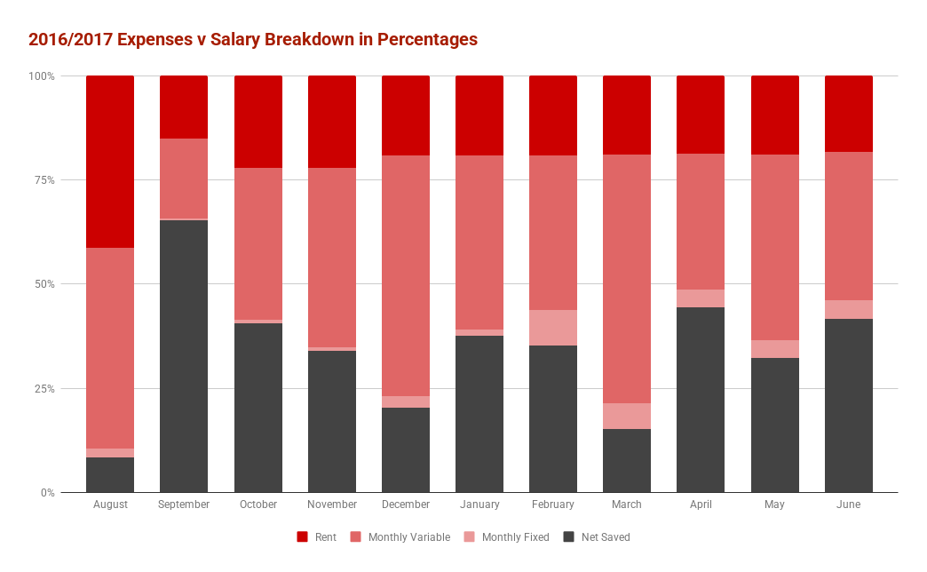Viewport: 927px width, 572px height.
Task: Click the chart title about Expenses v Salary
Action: tap(253, 40)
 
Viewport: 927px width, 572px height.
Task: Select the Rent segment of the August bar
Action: tap(110, 162)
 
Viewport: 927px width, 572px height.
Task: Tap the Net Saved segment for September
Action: tap(184, 355)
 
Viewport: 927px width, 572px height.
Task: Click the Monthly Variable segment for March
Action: tap(627, 279)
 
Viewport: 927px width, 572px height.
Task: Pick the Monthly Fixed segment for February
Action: tap(553, 328)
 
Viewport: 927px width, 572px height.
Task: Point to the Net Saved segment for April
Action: tap(701, 400)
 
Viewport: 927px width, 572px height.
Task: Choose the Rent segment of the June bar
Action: tap(849, 114)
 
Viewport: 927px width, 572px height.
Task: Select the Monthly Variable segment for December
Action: tap(406, 275)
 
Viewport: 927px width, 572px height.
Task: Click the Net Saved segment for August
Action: tap(110, 474)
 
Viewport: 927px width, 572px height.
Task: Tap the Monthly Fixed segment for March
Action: tap(627, 416)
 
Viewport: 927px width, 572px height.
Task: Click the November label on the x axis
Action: tap(332, 504)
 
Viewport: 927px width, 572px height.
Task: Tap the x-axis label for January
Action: tap(479, 504)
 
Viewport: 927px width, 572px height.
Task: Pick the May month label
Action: tap(775, 504)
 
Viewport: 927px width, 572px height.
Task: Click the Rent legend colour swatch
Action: tap(302, 537)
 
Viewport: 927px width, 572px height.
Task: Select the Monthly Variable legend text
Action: tap(408, 537)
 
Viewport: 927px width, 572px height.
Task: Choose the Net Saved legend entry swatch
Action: tap(569, 537)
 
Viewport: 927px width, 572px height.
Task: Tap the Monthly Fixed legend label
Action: tap(516, 537)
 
